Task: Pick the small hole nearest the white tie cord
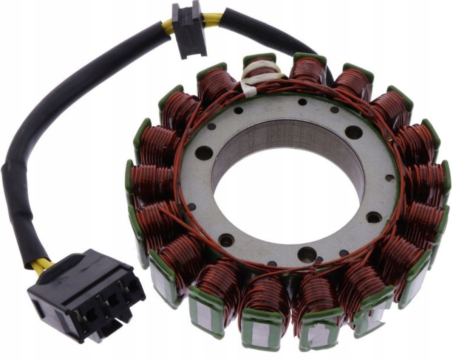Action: point(238,110)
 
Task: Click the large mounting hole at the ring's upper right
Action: point(354,132)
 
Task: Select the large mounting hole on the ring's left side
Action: point(204,153)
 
